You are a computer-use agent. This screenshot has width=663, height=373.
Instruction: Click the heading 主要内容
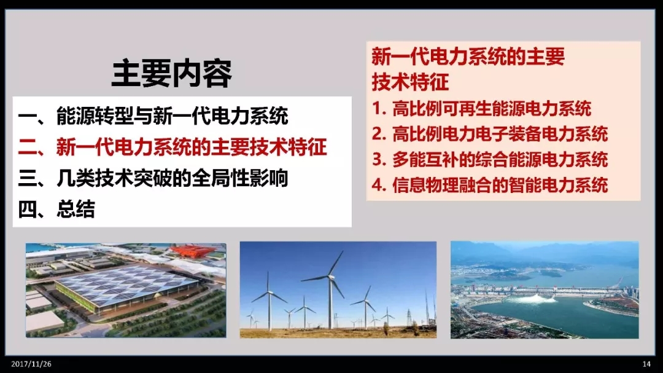pyautogui.click(x=172, y=73)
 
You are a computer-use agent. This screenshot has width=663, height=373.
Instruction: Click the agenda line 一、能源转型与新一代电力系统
pyautogui.click(x=153, y=116)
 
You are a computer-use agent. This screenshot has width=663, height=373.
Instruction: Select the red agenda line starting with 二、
pyautogui.click(x=173, y=146)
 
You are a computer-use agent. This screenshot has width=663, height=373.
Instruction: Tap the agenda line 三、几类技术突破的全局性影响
pyautogui.click(x=153, y=178)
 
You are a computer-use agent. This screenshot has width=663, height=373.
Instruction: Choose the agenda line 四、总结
pyautogui.click(x=56, y=209)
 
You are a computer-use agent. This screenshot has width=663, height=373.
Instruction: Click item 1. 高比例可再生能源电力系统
pyautogui.click(x=482, y=109)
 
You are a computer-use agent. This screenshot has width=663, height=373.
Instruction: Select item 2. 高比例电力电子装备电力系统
pyautogui.click(x=490, y=134)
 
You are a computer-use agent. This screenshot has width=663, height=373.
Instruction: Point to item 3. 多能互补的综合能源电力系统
pyautogui.click(x=490, y=160)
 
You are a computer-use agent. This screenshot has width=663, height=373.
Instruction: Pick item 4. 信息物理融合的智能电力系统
pyautogui.click(x=490, y=185)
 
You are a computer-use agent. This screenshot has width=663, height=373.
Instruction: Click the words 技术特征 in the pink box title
pyautogui.click(x=410, y=82)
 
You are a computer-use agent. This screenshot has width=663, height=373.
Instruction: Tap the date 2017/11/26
pyautogui.click(x=31, y=364)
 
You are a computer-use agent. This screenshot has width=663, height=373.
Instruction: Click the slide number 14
pyautogui.click(x=646, y=364)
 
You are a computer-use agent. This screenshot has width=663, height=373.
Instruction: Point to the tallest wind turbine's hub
pyautogui.click(x=330, y=277)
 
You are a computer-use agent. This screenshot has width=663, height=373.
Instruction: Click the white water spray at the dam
pyautogui.click(x=535, y=299)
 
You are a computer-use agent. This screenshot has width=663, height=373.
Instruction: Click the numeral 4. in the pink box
pyautogui.click(x=379, y=185)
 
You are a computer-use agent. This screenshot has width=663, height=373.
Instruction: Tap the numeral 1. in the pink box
pyautogui.click(x=379, y=109)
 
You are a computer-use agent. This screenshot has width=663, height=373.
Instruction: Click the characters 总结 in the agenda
pyautogui.click(x=76, y=209)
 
